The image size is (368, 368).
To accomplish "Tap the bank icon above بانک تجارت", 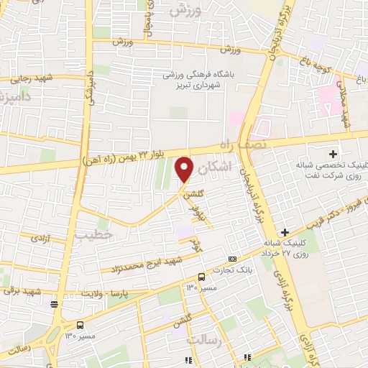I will point(232,259).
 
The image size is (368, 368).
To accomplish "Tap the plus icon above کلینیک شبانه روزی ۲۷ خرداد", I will point(285,231).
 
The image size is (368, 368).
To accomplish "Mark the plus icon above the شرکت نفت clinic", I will point(333,154).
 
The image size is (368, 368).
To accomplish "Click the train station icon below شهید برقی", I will point(55,303).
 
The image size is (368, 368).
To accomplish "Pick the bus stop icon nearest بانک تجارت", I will point(202,277).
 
